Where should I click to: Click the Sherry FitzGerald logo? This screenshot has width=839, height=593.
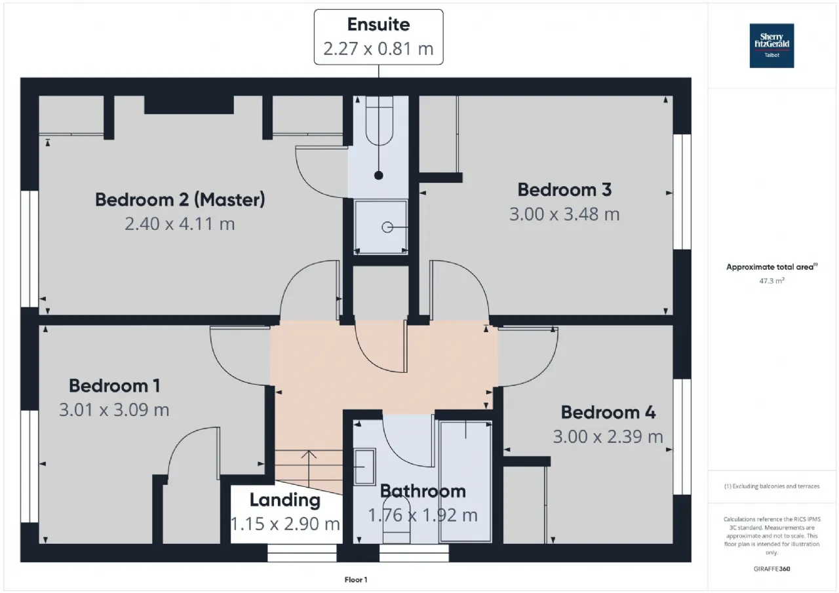[771, 46]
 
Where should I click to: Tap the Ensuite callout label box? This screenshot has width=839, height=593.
[378, 37]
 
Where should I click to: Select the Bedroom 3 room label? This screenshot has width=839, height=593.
[564, 190]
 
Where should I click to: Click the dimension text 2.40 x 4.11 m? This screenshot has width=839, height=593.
[180, 224]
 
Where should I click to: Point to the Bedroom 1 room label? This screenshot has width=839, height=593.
[115, 386]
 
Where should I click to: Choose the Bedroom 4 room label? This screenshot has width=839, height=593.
[608, 413]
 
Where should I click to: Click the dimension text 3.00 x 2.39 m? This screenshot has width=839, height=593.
[608, 437]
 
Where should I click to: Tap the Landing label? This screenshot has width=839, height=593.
[285, 501]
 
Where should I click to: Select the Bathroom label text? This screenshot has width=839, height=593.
[423, 491]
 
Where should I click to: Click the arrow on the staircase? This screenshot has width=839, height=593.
[309, 468]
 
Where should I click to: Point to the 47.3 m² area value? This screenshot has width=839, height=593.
[771, 281]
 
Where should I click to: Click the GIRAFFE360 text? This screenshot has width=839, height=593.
[771, 569]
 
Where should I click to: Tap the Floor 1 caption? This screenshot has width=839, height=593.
[356, 579]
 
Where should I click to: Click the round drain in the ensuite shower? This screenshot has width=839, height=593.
[387, 227]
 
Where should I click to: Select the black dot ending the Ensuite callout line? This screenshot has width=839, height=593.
[379, 175]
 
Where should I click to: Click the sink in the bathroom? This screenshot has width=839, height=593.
[364, 467]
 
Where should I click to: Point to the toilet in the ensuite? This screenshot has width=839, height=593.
[379, 121]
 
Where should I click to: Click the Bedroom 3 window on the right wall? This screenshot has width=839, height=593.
[682, 192]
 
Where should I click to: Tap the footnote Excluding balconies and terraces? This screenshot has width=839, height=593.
[771, 486]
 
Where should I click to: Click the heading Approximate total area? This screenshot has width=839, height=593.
[771, 267]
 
